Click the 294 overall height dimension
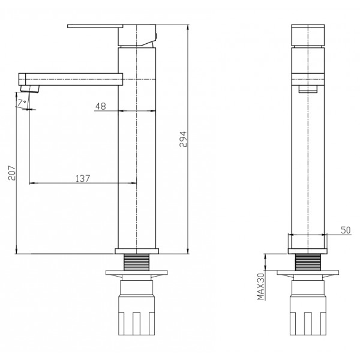[x=183, y=139]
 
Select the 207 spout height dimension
[x=12, y=173]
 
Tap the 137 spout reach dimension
[x=83, y=178]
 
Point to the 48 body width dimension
[x=101, y=106]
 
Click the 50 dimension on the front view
[x=346, y=230]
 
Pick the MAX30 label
[x=261, y=286]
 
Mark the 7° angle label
[x=22, y=102]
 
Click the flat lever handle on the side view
[x=95, y=26]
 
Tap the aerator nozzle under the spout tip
[x=29, y=89]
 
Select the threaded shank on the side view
[x=136, y=262]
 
